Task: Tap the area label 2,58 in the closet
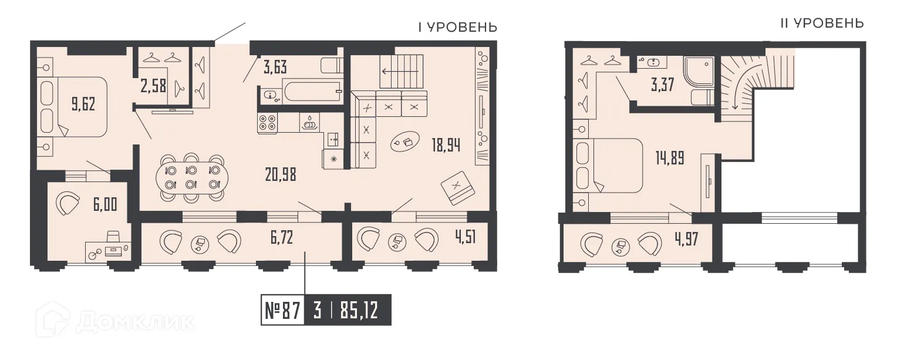point(154,87)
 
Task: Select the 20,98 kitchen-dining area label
point(279,174)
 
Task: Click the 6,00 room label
point(105,204)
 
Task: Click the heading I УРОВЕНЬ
point(457,27)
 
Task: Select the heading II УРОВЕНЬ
point(821,23)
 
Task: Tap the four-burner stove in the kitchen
point(267,122)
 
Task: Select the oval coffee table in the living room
point(405,141)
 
